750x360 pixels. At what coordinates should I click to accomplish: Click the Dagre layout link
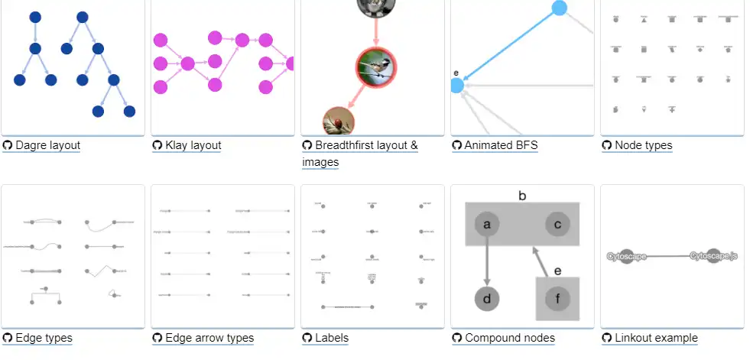pyautogui.click(x=47, y=145)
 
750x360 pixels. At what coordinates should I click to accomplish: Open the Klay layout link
pyautogui.click(x=193, y=145)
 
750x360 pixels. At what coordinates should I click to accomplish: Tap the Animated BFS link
pyautogui.click(x=501, y=145)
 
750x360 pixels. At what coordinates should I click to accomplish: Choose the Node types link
pyautogui.click(x=643, y=145)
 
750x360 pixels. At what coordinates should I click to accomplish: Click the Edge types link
pyautogui.click(x=44, y=338)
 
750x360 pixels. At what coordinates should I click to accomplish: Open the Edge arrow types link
pyautogui.click(x=209, y=338)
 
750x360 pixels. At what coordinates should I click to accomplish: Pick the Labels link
pyautogui.click(x=331, y=338)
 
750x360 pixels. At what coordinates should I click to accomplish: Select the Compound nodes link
pyautogui.click(x=509, y=338)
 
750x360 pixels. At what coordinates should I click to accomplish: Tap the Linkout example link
pyautogui.click(x=656, y=338)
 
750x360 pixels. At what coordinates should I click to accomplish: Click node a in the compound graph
pyautogui.click(x=487, y=224)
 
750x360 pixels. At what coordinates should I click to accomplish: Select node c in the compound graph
pyautogui.click(x=558, y=224)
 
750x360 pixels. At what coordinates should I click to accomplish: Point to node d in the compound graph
pyautogui.click(x=487, y=298)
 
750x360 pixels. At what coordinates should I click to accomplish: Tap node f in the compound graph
pyautogui.click(x=557, y=298)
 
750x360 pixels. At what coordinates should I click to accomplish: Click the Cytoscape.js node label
pyautogui.click(x=713, y=256)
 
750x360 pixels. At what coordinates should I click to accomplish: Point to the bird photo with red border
pyautogui.click(x=375, y=68)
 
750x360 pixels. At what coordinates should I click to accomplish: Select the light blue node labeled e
pyautogui.click(x=457, y=86)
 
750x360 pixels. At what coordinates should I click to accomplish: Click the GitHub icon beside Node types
pyautogui.click(x=607, y=145)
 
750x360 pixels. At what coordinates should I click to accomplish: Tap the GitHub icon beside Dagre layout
pyautogui.click(x=8, y=145)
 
